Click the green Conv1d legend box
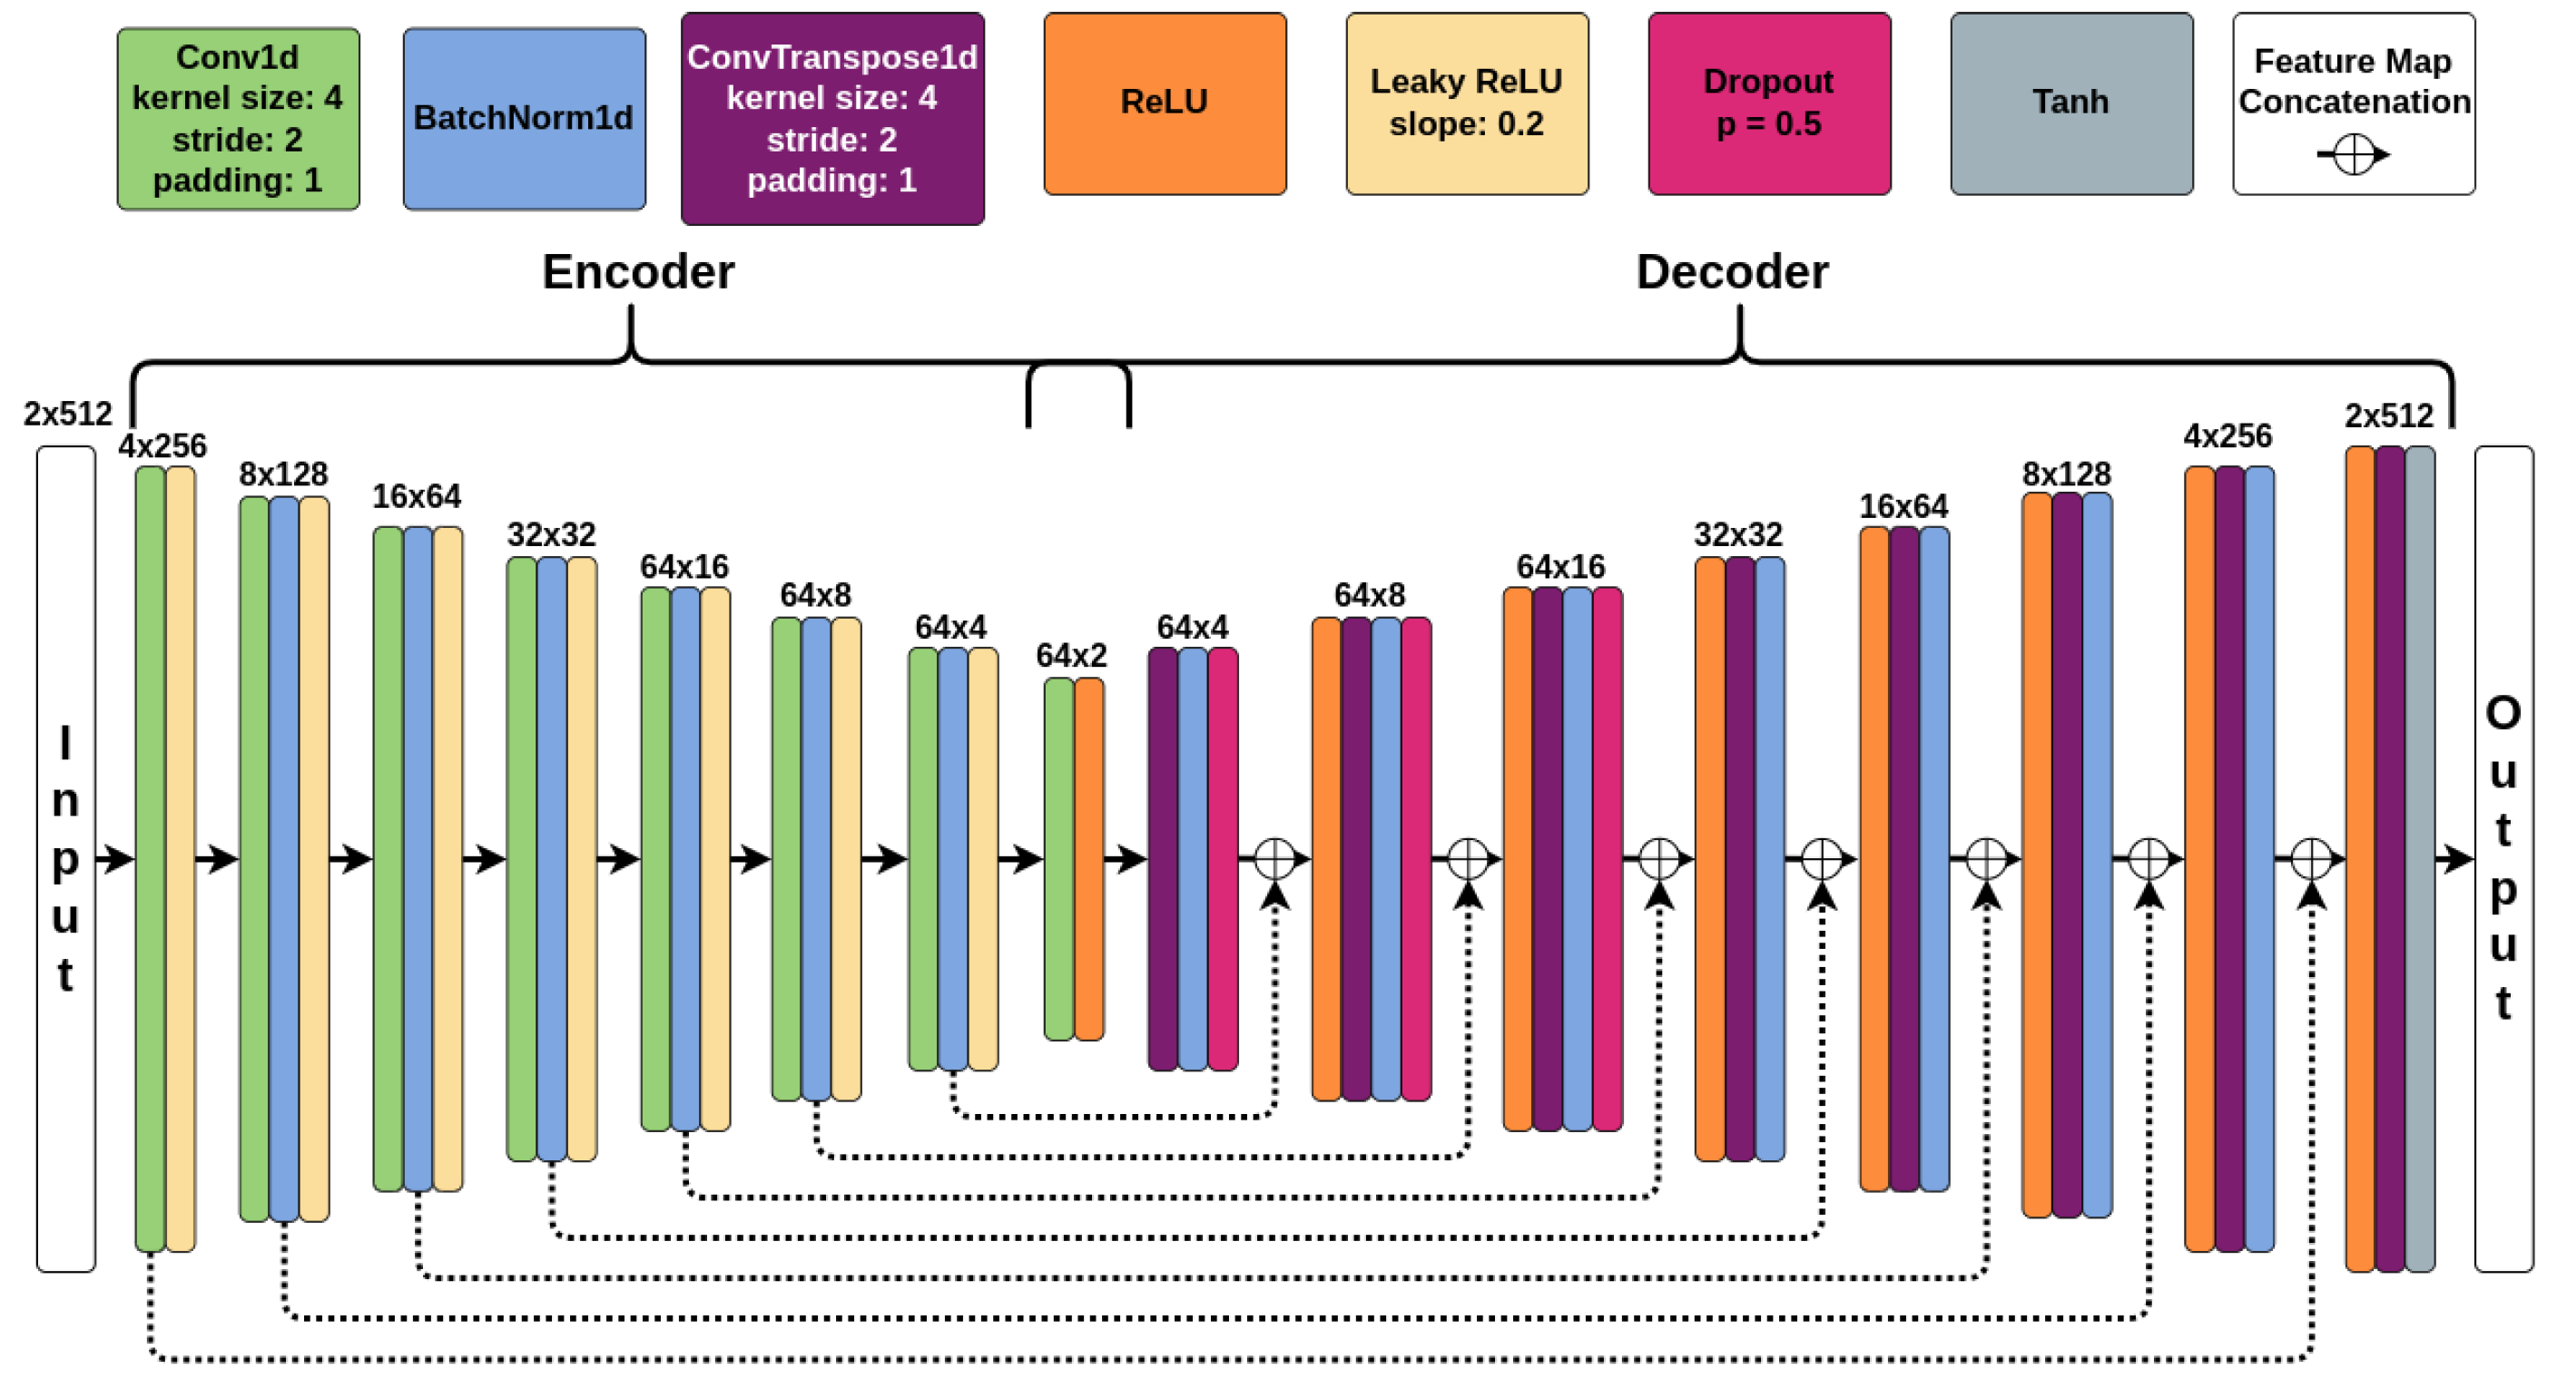[x=238, y=119]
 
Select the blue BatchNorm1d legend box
[x=524, y=119]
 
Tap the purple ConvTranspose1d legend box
[x=831, y=119]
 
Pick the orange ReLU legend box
[x=1165, y=103]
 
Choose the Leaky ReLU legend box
[x=1466, y=103]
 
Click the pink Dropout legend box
[x=1769, y=103]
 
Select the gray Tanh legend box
[x=2070, y=103]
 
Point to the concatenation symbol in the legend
[x=2354, y=155]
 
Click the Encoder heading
[x=638, y=272]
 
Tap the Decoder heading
[x=1731, y=272]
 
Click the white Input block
[x=65, y=858]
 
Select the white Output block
[x=2503, y=858]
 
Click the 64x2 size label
[x=1071, y=655]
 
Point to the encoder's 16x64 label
[x=416, y=496]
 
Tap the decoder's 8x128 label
[x=2067, y=474]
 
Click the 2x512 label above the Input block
[x=67, y=413]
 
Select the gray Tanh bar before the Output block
[x=2419, y=858]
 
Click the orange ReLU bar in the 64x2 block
[x=1089, y=858]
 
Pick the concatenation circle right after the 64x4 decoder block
[x=1274, y=858]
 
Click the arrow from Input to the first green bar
[x=115, y=858]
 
